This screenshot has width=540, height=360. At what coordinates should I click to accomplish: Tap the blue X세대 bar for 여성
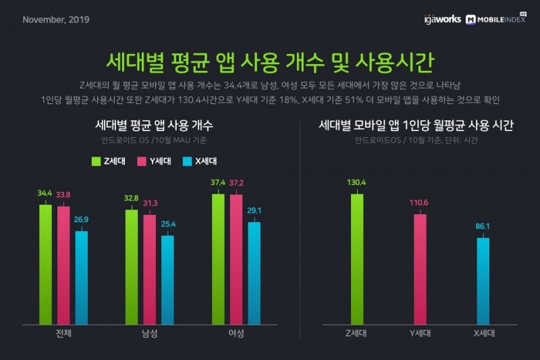pos(254,273)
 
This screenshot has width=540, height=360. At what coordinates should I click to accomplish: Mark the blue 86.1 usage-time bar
pos(483,280)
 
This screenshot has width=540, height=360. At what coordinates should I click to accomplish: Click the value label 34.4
pos(45,193)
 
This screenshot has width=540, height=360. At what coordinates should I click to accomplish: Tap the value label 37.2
pos(236,183)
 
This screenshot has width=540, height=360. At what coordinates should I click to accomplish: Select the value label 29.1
pos(254,211)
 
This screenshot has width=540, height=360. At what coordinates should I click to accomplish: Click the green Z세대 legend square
pos(95,161)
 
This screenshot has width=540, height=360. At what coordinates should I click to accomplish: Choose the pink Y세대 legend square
pos(142,161)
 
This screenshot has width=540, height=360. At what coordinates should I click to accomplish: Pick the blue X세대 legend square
pos(188,161)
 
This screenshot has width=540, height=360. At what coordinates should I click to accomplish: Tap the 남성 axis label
pos(149,334)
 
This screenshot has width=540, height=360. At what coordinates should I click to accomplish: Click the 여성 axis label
pos(236,334)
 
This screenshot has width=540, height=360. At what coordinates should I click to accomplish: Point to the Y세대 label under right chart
pos(420,334)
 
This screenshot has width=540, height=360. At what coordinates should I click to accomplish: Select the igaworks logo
pos(443,19)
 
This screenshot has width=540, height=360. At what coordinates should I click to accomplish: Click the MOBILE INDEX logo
pos(495,19)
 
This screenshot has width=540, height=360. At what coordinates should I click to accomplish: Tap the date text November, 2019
pos(56,19)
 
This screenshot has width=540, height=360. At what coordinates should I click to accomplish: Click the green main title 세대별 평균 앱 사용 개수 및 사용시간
pos(270,61)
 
